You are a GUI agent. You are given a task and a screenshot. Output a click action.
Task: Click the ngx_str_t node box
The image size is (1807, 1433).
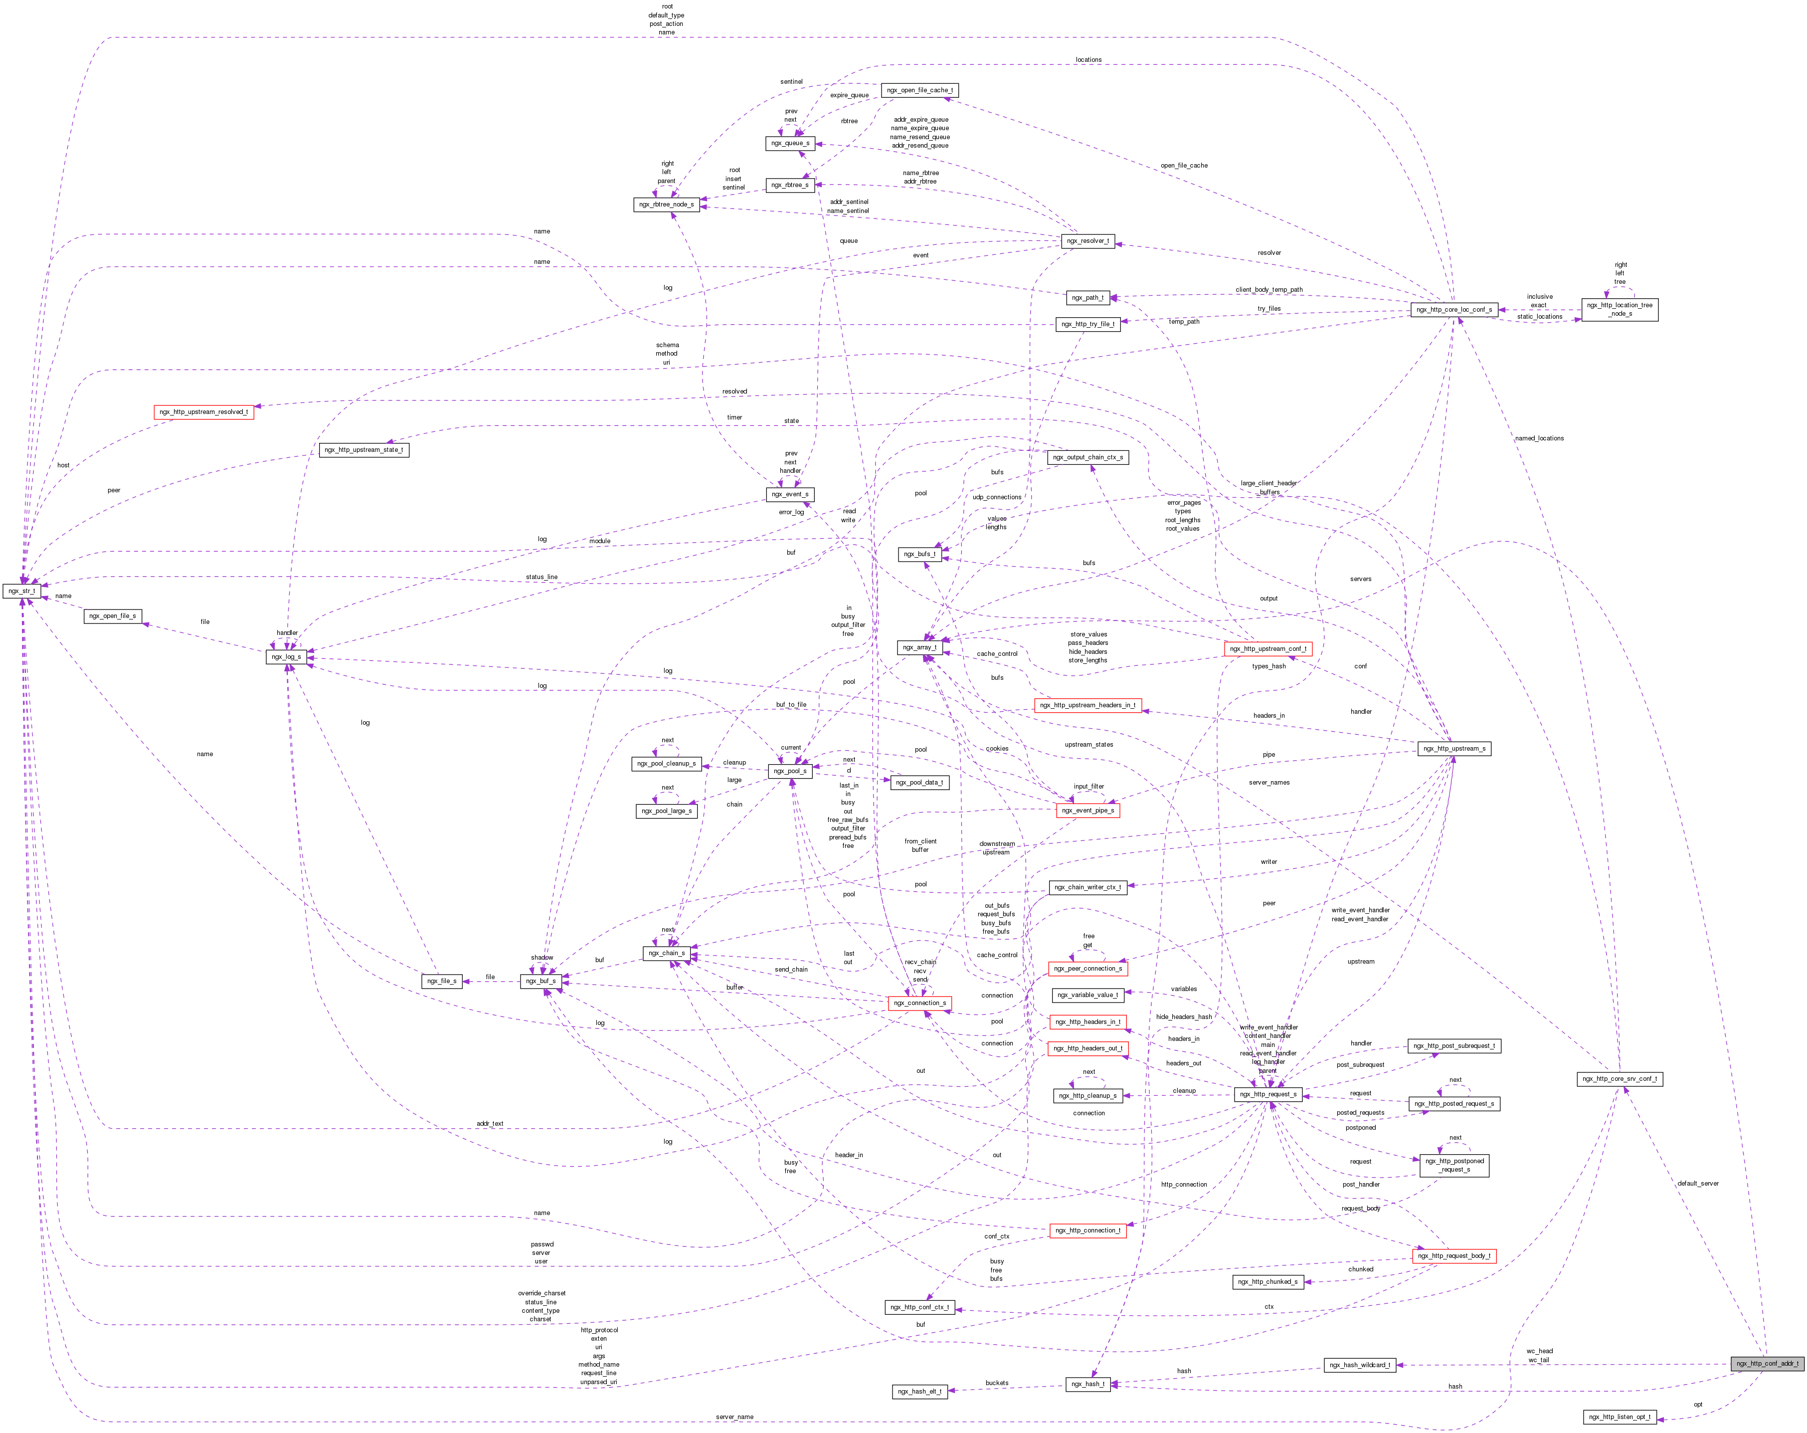click(x=22, y=591)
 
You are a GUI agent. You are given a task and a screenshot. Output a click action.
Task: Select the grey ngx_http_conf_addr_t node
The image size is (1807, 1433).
click(x=1767, y=1363)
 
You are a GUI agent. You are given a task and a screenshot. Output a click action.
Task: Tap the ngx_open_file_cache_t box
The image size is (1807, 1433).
click(x=919, y=91)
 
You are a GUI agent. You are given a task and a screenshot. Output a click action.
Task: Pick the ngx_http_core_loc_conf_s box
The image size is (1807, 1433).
click(x=1454, y=309)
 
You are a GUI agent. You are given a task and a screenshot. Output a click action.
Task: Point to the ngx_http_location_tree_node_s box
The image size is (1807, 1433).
click(x=1619, y=309)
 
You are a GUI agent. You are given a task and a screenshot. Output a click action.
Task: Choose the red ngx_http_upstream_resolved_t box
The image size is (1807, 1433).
click(x=203, y=411)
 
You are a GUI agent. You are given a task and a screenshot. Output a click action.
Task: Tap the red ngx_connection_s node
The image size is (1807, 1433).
click(x=919, y=1003)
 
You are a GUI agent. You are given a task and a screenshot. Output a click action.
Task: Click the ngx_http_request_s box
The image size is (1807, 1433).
click(x=1268, y=1094)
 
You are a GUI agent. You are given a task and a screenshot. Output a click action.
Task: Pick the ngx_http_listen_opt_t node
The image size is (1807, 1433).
click(x=1619, y=1417)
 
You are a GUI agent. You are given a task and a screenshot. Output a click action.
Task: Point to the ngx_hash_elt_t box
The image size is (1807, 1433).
click(x=919, y=1392)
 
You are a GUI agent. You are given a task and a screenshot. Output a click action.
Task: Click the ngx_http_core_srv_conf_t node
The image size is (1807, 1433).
click(x=1619, y=1079)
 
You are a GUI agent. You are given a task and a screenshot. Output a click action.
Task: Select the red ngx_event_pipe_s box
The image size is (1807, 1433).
click(x=1087, y=811)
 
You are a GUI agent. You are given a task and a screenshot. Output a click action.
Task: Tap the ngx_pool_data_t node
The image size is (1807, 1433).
click(x=919, y=782)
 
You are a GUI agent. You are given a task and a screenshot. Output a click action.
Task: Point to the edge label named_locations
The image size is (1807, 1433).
click(x=1539, y=438)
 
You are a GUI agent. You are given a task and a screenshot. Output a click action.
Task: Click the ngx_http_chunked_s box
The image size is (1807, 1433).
click(x=1268, y=1282)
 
